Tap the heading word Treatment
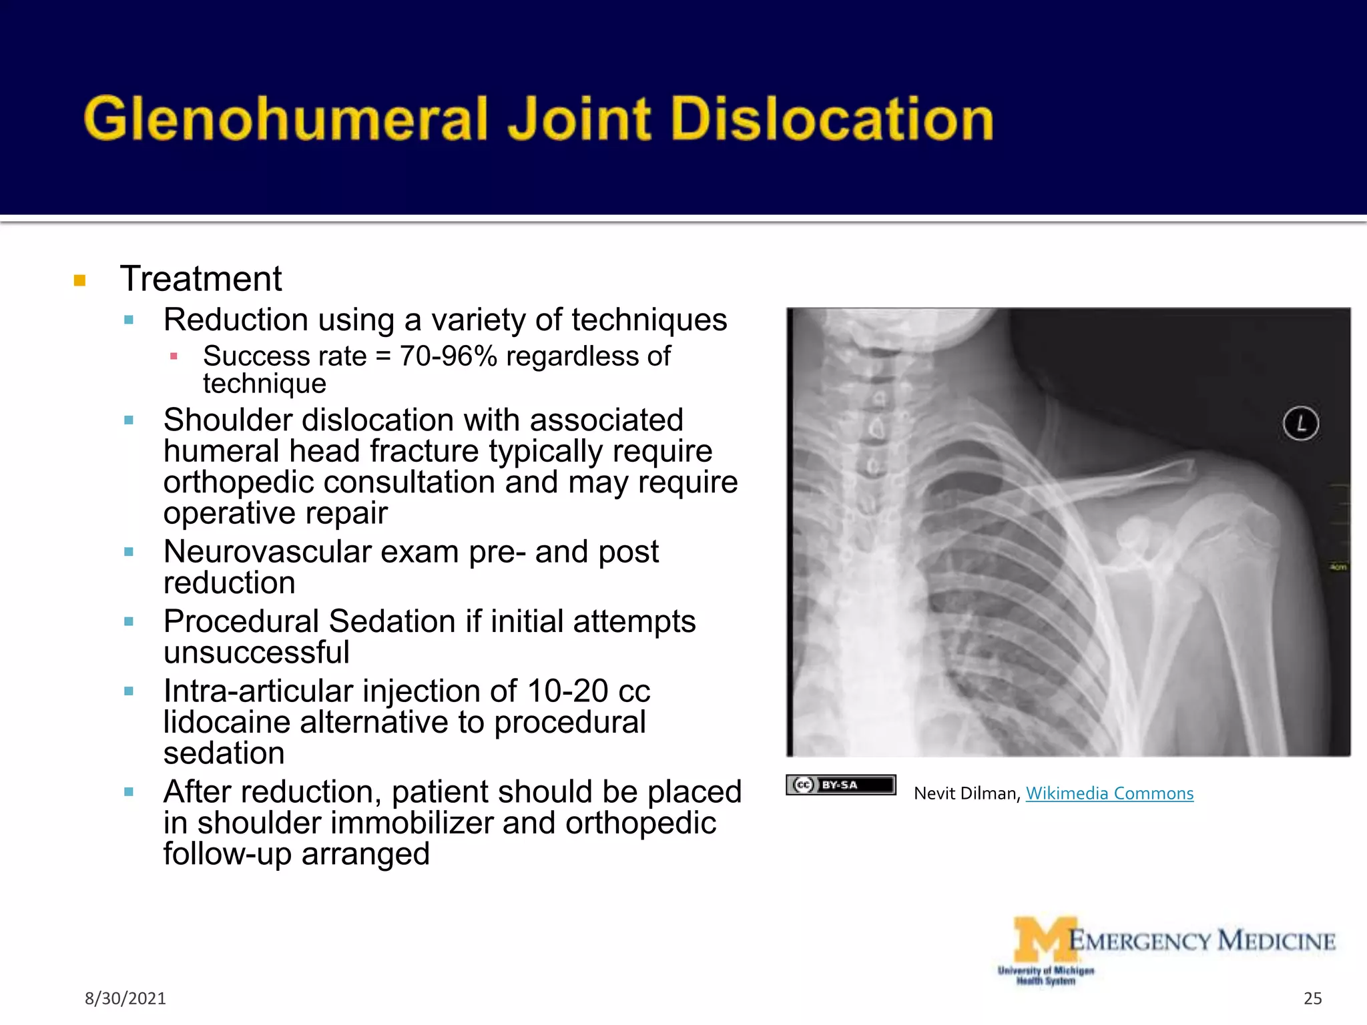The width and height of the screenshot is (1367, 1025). (x=201, y=278)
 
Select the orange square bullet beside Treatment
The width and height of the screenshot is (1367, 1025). (x=80, y=280)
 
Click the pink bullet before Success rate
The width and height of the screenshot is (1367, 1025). (x=174, y=356)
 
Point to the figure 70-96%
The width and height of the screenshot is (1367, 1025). (x=448, y=356)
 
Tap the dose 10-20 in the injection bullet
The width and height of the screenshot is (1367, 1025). (x=567, y=691)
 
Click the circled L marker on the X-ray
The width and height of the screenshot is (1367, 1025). (x=1300, y=423)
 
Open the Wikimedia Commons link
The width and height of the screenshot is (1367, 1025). (x=1109, y=793)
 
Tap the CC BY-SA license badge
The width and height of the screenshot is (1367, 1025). (x=840, y=785)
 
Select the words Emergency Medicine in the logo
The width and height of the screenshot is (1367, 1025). (x=1201, y=941)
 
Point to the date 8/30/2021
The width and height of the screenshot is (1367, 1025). (x=125, y=998)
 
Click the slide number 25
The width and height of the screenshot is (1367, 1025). (x=1312, y=998)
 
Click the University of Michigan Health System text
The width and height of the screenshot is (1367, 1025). (x=1045, y=976)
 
